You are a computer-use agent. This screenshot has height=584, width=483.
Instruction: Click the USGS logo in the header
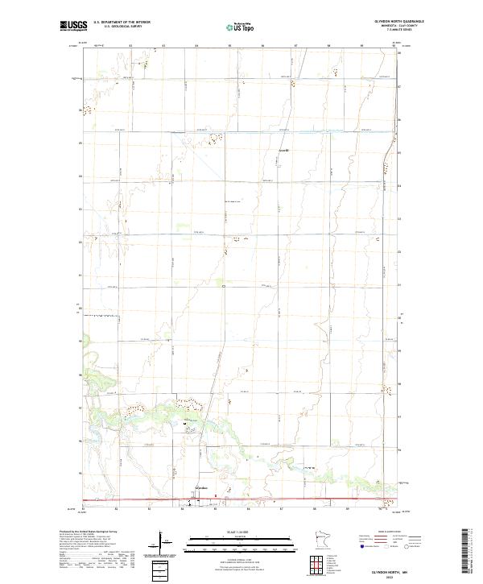point(71,27)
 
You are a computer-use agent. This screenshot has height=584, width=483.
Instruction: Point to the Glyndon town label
point(201,488)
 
